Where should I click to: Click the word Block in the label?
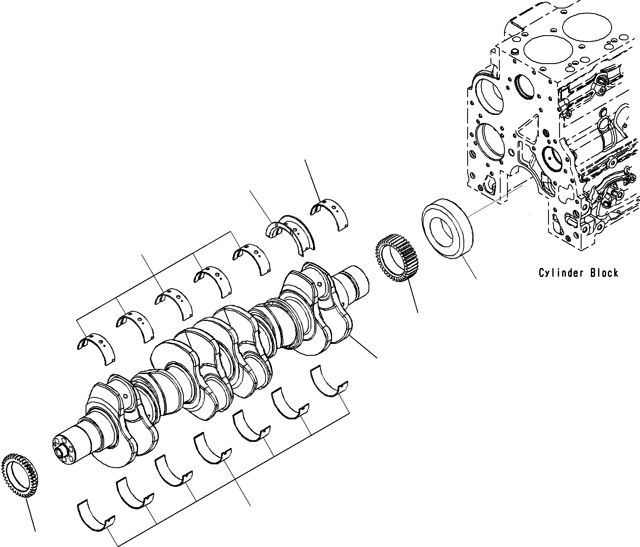[604, 273]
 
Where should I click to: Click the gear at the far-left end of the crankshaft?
[20, 475]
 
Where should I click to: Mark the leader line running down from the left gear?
[30, 515]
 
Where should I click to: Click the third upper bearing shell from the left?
[174, 303]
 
